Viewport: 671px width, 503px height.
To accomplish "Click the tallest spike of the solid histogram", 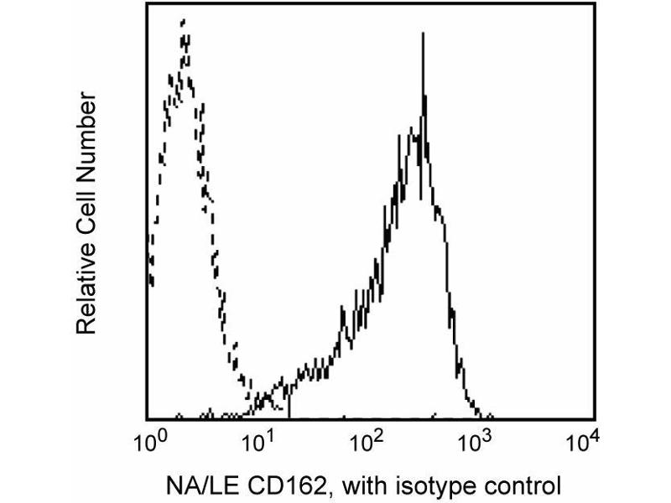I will point(424,34).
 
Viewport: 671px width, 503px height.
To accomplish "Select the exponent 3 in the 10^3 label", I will point(489,434).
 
